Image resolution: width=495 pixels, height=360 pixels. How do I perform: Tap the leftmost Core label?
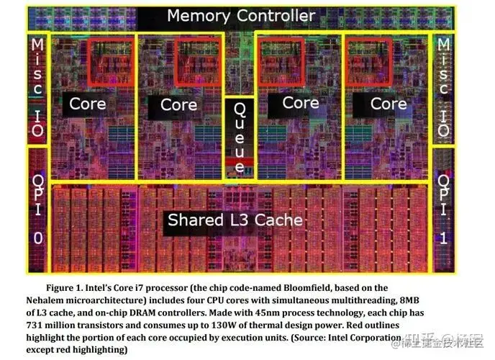pyautogui.click(x=88, y=104)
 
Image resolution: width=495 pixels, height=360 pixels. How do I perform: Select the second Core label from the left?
pyautogui.click(x=178, y=105)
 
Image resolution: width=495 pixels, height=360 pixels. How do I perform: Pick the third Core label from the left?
pyautogui.click(x=300, y=103)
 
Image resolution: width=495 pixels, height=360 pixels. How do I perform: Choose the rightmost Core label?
pyautogui.click(x=389, y=104)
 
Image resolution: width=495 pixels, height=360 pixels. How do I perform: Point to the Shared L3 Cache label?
pyautogui.click(x=235, y=220)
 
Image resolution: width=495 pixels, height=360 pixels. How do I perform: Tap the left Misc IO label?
pyautogui.click(x=37, y=87)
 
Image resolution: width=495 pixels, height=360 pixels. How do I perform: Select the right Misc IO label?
pyautogui.click(x=443, y=87)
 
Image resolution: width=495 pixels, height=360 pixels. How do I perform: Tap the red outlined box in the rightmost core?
pyautogui.click(x=369, y=60)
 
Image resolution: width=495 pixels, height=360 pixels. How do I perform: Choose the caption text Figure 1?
pyautogui.click(x=72, y=288)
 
